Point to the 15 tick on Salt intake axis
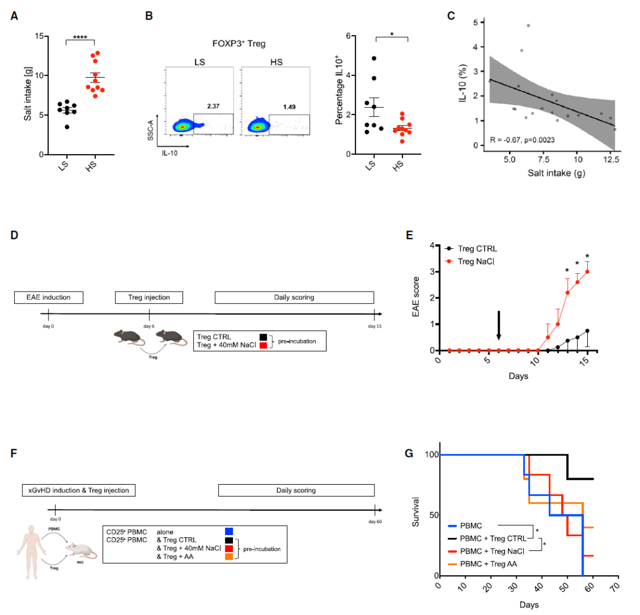click(40, 36)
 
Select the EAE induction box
click(49, 297)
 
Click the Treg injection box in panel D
click(149, 297)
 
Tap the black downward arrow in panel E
click(499, 325)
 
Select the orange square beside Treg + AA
click(229, 558)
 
